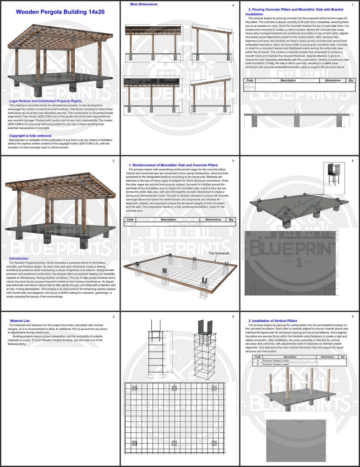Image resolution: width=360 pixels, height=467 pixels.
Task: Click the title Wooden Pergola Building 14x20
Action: pos(60,12)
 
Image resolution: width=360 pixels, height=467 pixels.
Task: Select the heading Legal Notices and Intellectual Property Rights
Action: pos(45,101)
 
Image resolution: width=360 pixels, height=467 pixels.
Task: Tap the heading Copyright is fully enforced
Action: pos(30,135)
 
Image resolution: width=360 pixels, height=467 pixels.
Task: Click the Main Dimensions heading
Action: pos(144,4)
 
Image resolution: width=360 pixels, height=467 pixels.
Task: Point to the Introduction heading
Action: pos(19,259)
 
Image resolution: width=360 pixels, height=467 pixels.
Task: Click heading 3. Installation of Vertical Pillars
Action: pos(272,321)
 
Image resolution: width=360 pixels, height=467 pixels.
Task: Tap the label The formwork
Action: pos(219,253)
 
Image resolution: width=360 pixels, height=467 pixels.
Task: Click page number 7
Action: pos(352,5)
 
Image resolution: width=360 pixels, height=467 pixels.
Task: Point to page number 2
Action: pos(113,161)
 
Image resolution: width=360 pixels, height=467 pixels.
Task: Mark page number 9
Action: pos(352,316)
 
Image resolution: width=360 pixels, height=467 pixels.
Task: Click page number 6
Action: pos(233,316)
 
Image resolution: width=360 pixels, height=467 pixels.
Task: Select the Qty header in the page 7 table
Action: pos(350,81)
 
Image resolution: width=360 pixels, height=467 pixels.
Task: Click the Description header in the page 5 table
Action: pos(168,219)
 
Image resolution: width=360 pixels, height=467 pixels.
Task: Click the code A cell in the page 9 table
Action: pos(258,361)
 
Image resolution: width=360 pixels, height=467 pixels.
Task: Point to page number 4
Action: pos(233,5)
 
